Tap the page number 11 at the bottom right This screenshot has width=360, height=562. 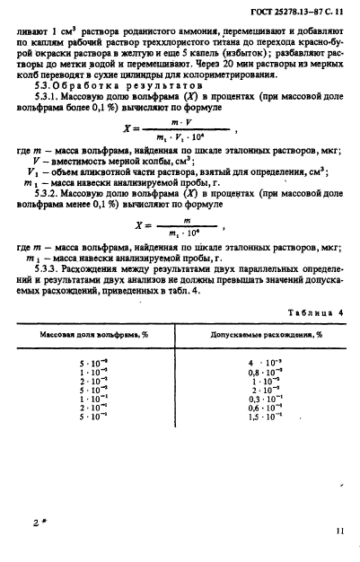[x=339, y=531]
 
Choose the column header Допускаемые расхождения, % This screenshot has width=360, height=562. [x=263, y=334]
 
